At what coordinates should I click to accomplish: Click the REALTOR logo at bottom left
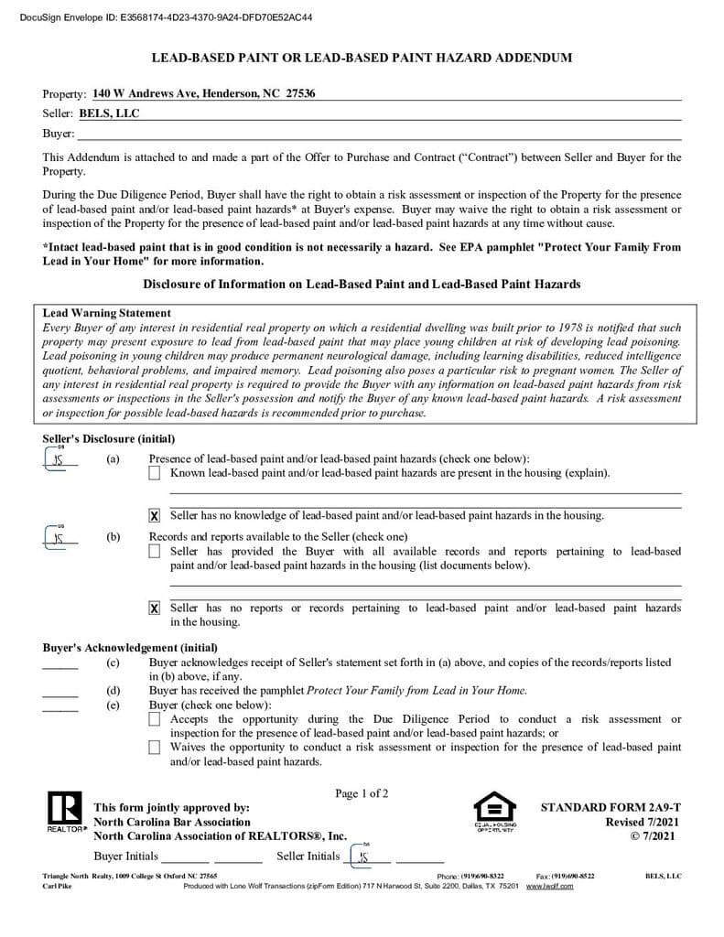[x=63, y=812]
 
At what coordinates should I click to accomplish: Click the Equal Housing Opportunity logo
[x=494, y=810]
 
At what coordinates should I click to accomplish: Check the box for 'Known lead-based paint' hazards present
[x=155, y=473]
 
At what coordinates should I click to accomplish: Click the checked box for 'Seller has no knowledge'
[x=155, y=516]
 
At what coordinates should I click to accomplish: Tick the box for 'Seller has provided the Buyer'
[x=155, y=552]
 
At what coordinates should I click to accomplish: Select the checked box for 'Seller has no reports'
[x=155, y=609]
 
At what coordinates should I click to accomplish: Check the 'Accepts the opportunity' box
[x=155, y=720]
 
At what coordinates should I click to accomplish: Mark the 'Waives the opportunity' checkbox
[x=155, y=748]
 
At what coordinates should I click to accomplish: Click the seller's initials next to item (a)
[x=59, y=459]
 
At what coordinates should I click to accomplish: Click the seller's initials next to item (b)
[x=59, y=538]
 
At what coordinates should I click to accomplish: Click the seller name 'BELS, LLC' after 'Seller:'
[x=109, y=113]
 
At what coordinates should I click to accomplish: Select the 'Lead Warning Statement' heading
[x=107, y=313]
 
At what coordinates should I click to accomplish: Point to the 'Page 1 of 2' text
[x=362, y=793]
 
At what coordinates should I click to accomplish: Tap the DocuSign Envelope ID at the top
[x=165, y=16]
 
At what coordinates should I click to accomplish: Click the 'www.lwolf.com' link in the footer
[x=549, y=887]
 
